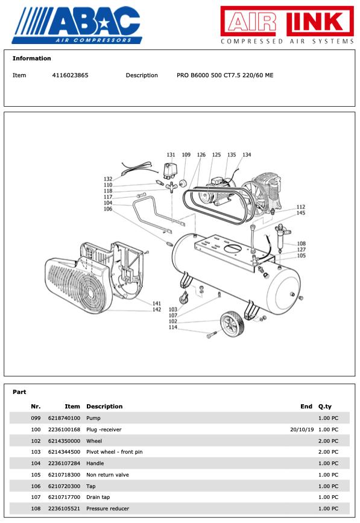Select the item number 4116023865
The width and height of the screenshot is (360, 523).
70,75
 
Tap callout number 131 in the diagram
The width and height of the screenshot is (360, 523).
171,155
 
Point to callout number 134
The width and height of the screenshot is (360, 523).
247,155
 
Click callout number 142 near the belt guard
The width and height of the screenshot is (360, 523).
156,309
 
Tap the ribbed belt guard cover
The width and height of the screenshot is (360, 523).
75,287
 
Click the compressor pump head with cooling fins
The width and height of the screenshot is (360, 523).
267,188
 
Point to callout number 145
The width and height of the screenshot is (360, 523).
300,213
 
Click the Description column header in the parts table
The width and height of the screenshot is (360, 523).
104,407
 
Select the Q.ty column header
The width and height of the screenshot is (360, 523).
325,407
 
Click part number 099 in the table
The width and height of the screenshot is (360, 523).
36,418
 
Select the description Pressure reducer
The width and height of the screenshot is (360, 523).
108,509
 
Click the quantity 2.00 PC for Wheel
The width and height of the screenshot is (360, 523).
328,441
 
